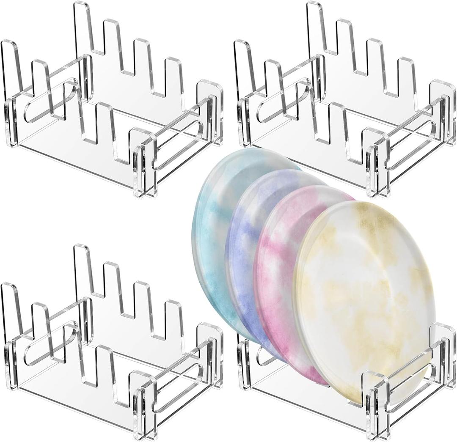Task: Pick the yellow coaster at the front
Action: pos(364,296)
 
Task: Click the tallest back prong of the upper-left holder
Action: pos(83,25)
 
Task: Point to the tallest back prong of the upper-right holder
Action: pos(315,25)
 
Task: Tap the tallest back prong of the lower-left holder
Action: pos(83,269)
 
